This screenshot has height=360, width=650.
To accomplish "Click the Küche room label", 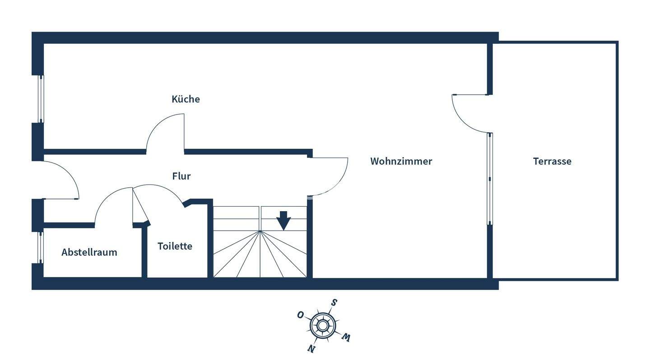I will point(186,99).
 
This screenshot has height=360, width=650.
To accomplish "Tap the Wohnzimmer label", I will point(401,161).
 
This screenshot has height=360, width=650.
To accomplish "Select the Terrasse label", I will point(552,161).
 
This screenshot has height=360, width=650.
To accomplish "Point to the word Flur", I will point(181,176).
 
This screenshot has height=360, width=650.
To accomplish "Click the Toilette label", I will point(175,246).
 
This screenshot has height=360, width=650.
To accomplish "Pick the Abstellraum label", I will point(89,252).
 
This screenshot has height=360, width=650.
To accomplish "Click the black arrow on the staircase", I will point(283,221).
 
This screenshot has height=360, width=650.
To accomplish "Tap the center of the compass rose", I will point(322,325).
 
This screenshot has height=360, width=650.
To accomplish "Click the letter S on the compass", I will point(334,302).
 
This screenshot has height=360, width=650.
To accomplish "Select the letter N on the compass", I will point(311,348).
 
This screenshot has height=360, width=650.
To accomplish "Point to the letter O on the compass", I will point(300,315).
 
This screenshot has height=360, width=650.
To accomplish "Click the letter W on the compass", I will point(346,337).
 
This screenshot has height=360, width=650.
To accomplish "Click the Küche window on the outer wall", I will point(41,98).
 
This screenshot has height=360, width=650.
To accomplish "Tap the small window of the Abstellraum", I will point(40,247).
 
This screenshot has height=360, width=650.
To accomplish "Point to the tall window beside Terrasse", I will point(490,179).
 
